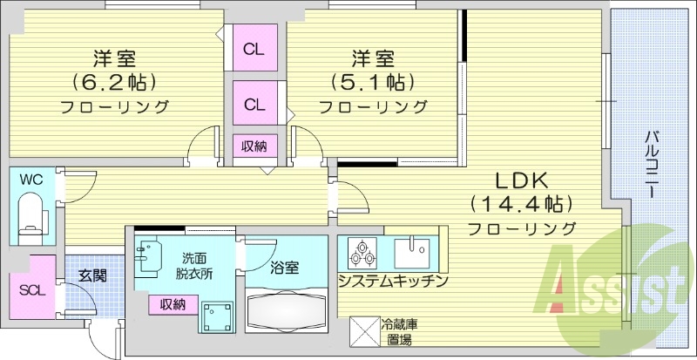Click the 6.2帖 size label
[114, 84]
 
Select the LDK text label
[521, 181]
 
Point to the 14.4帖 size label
[521, 205]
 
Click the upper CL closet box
[254, 50]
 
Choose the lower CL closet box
[254, 105]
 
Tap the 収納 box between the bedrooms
[254, 146]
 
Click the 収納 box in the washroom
[172, 303]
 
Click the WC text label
[31, 180]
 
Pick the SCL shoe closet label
[29, 290]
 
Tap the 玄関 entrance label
[92, 275]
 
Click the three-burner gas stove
[361, 253]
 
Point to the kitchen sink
[409, 253]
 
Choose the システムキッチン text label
[393, 281]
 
